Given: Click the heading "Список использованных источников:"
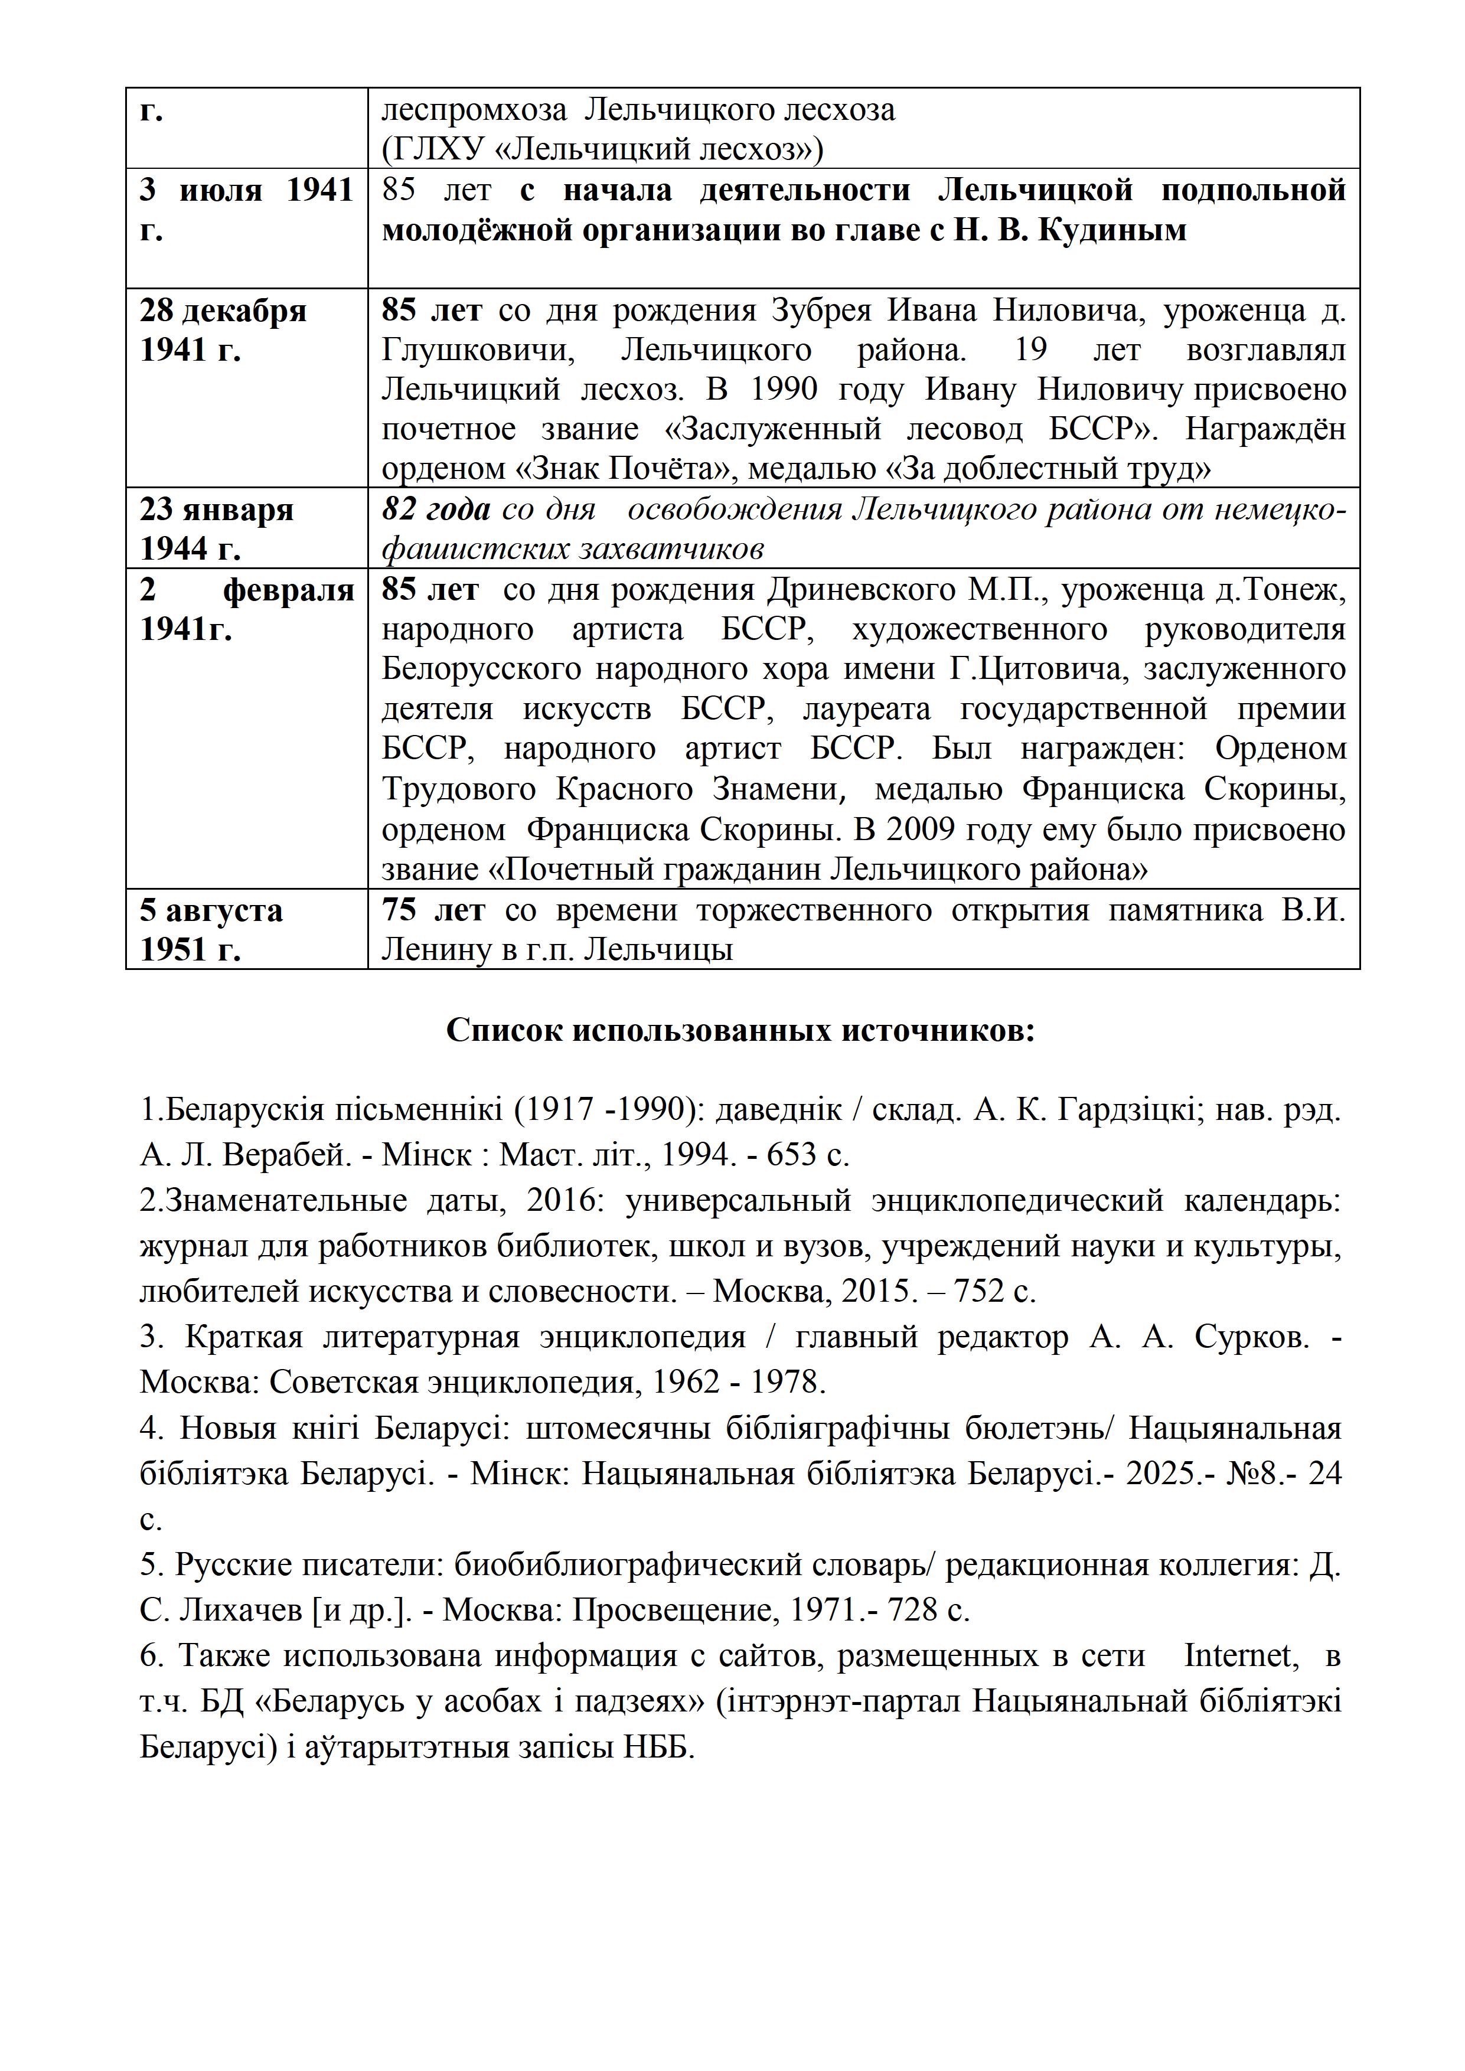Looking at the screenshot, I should [x=740, y=1030].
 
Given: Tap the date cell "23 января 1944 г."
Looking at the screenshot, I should [x=217, y=528].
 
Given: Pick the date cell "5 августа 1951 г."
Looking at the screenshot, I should [x=211, y=929].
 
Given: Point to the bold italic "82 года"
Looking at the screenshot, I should [x=436, y=509].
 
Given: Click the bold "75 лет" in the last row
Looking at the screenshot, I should [x=433, y=910].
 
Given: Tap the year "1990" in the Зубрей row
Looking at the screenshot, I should [x=783, y=390].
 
